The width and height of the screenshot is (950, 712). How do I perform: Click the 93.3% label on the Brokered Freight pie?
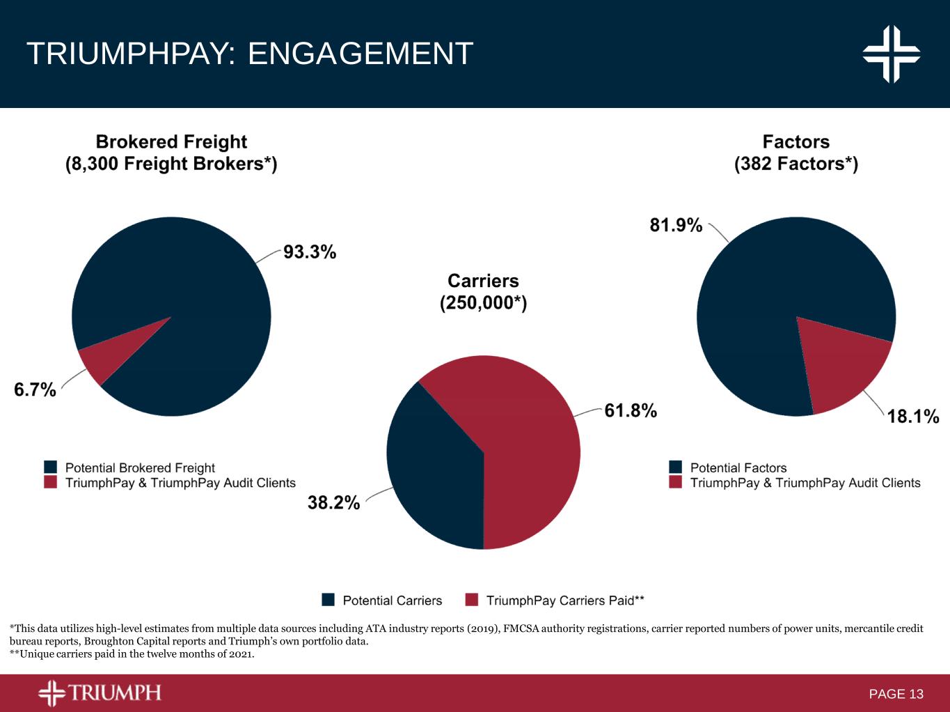pos(310,251)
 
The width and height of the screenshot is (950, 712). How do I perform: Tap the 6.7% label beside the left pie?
pos(35,389)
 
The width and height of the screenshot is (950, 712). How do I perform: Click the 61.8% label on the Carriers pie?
pos(631,410)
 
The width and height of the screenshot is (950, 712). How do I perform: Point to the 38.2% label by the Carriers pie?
pos(333,502)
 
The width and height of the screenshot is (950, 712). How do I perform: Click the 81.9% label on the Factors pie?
pos(676,224)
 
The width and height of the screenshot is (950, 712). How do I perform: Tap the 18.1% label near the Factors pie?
pos(913,416)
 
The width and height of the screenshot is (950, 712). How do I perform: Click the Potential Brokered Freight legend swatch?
pos(50,467)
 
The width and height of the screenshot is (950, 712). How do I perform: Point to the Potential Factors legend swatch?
pos(675,467)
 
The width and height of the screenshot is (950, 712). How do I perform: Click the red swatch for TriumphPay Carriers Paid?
pos(471,600)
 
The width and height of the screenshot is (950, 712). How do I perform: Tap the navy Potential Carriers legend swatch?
pos(328,600)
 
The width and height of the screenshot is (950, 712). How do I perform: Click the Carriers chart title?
pos(483,281)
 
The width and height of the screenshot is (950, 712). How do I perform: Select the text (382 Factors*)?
pos(796,164)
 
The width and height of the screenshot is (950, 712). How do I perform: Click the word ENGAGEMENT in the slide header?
pos(361,54)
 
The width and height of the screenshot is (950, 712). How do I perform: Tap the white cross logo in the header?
pos(892,54)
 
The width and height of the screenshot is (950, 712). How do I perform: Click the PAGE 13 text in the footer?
pos(896,694)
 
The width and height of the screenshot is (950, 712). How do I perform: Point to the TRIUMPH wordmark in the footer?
pos(115,692)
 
